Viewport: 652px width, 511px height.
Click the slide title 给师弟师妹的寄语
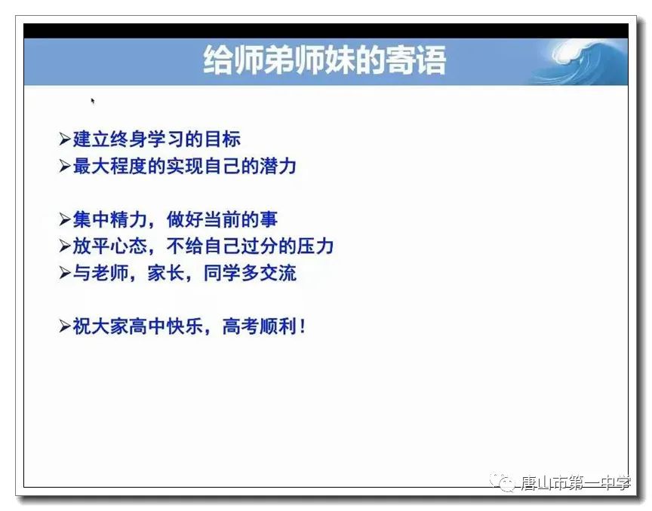click(324, 60)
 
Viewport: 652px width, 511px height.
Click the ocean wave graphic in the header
click(582, 63)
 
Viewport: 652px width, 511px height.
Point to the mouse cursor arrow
click(93, 101)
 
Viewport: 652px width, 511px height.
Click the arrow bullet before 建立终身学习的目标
click(64, 139)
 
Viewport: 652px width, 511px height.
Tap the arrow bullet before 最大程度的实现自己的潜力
click(64, 166)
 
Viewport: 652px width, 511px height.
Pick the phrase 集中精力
click(109, 220)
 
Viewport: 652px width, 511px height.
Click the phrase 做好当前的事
click(223, 220)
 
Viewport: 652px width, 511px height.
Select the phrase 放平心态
click(109, 246)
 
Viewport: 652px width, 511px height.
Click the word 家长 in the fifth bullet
click(166, 274)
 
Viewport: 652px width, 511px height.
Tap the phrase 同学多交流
click(250, 274)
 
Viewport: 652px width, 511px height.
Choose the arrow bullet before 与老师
click(64, 274)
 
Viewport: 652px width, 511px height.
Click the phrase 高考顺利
click(260, 326)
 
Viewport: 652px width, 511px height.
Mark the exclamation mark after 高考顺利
click(303, 326)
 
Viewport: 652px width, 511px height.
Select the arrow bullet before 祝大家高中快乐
click(64, 326)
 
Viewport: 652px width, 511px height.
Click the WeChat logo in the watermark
click(503, 482)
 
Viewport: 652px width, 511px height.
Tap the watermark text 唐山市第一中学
click(576, 483)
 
